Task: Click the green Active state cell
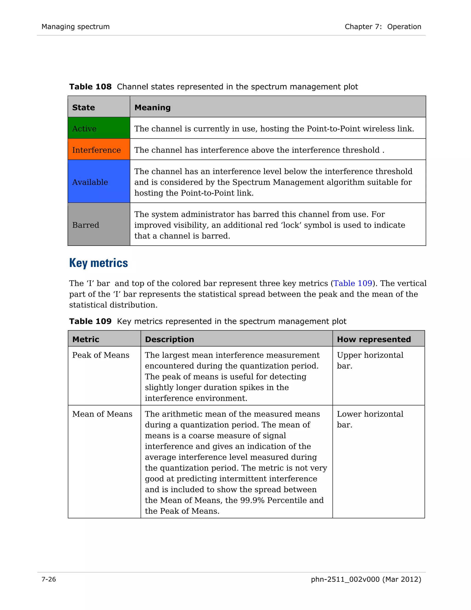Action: [99, 128]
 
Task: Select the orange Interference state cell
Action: [99, 149]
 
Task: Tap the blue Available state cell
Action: [99, 182]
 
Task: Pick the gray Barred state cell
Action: [99, 225]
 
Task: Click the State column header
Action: [84, 107]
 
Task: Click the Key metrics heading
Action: [98, 263]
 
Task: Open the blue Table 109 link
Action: [353, 283]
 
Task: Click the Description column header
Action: [169, 339]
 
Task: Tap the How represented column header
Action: [374, 339]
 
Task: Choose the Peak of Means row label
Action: [101, 355]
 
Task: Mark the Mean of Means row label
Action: [102, 414]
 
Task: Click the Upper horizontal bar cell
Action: [370, 360]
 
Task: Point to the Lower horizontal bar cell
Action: [370, 419]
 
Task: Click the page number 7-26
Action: [49, 579]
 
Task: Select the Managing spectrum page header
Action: [76, 26]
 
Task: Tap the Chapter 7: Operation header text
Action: [383, 26]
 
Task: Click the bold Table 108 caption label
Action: [90, 87]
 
